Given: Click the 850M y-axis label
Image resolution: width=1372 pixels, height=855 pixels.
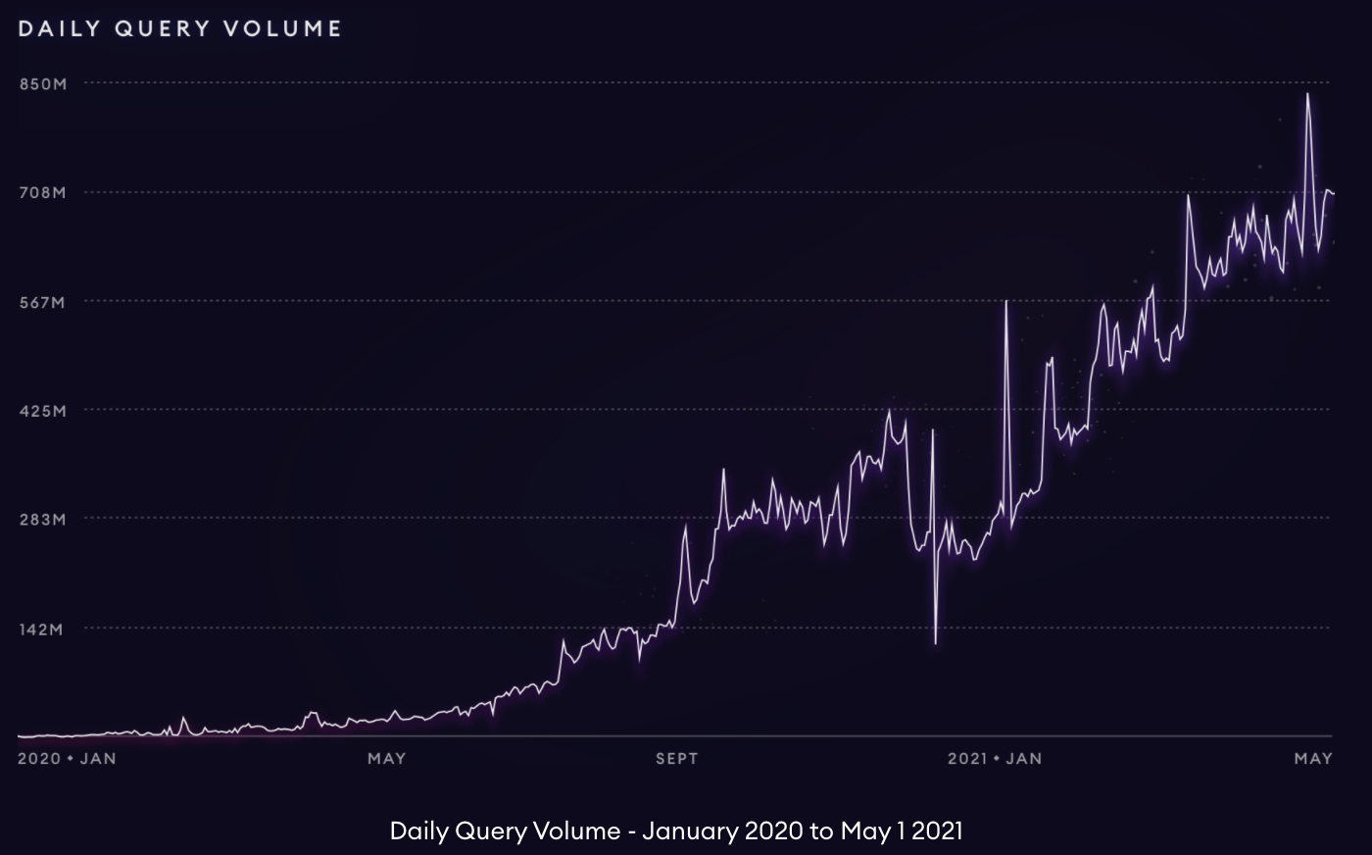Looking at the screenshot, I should (x=42, y=84).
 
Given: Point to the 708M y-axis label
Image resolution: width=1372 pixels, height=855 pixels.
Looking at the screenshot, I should (x=42, y=193).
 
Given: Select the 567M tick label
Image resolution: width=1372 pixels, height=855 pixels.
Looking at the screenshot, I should (x=42, y=303).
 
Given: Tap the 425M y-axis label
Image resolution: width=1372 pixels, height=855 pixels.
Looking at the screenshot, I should (x=42, y=411).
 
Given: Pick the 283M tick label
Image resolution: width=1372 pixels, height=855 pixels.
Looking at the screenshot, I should (x=42, y=520).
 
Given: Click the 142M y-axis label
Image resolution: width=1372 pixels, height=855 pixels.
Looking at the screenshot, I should (x=42, y=629).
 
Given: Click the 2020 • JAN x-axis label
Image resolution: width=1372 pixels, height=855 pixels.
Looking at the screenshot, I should (x=67, y=758).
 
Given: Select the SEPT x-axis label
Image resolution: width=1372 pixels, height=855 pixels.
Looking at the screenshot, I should (x=677, y=758).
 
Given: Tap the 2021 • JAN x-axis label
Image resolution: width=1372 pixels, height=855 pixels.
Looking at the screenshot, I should (x=995, y=758).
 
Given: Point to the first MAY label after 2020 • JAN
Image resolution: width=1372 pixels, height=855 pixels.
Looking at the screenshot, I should (x=386, y=758).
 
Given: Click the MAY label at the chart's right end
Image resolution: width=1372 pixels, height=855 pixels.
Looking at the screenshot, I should (x=1313, y=758).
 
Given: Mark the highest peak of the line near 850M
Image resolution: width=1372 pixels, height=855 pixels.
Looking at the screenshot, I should (x=1307, y=94).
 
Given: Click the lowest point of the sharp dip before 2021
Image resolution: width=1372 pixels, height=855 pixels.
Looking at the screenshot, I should (x=936, y=643).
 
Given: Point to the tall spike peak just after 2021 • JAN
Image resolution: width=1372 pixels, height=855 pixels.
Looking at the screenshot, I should (x=1006, y=301).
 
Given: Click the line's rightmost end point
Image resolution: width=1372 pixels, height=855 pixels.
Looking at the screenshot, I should (x=1333, y=193).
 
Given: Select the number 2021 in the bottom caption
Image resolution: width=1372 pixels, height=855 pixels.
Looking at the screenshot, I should (x=937, y=831).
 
